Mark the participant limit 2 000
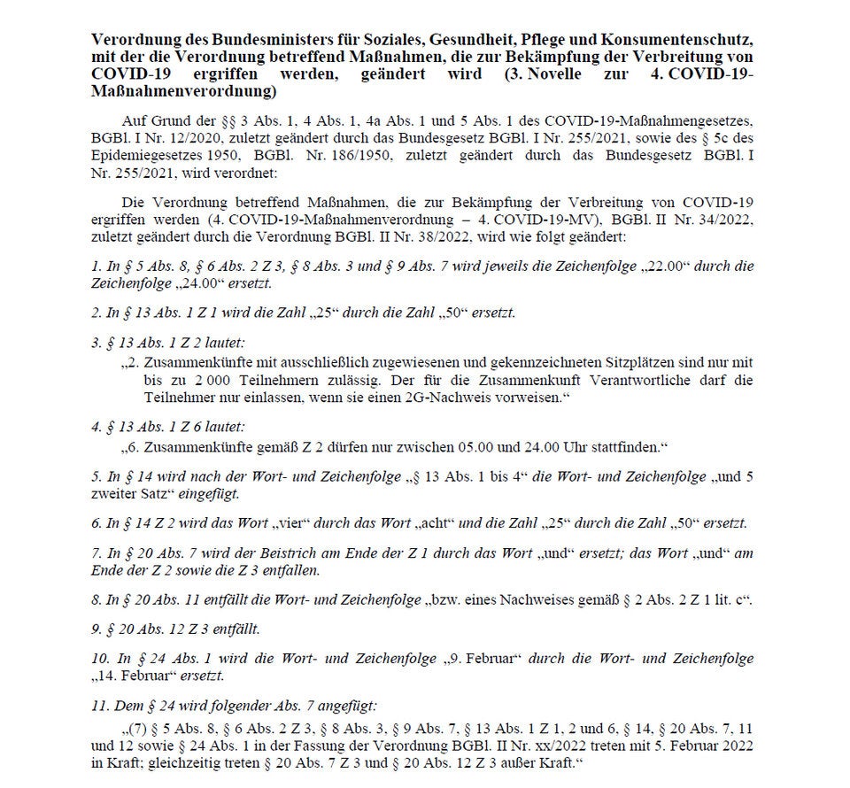pyautogui.click(x=182, y=380)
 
